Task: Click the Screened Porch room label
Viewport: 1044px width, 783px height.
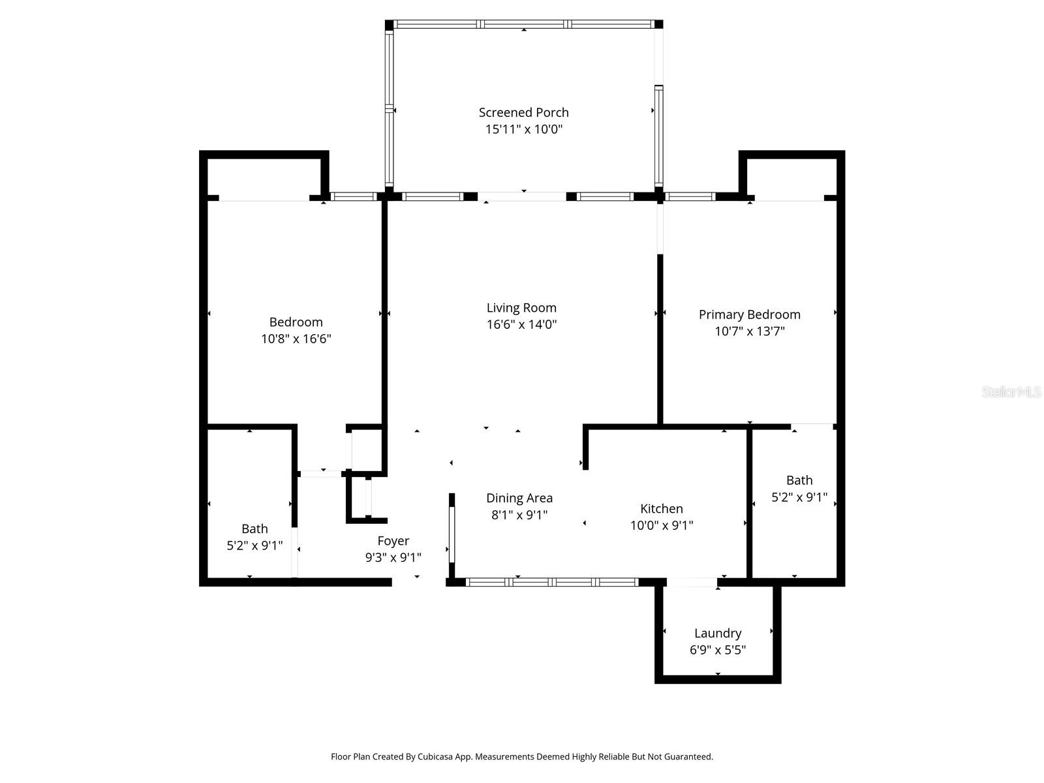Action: pyautogui.click(x=523, y=113)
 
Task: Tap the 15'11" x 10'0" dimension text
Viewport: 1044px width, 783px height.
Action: pyautogui.click(x=524, y=129)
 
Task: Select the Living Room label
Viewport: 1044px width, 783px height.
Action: pyautogui.click(x=521, y=308)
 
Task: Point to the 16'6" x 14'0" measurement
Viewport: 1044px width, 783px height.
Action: pyautogui.click(x=521, y=324)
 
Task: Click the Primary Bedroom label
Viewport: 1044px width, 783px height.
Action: pyautogui.click(x=749, y=315)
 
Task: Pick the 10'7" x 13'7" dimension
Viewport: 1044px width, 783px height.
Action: pyautogui.click(x=749, y=331)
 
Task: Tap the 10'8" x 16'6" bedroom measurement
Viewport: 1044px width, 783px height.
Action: pyautogui.click(x=296, y=339)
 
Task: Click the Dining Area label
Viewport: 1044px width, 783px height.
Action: pyautogui.click(x=519, y=499)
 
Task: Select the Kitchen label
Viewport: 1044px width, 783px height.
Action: pyautogui.click(x=661, y=509)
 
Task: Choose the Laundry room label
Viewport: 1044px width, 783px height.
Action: pyautogui.click(x=717, y=633)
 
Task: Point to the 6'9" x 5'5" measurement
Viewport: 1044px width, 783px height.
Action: pyautogui.click(x=717, y=649)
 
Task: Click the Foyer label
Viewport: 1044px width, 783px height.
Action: pyautogui.click(x=393, y=541)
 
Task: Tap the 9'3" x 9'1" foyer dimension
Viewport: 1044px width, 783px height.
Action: pyautogui.click(x=393, y=557)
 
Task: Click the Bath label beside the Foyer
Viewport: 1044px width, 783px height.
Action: pyautogui.click(x=254, y=529)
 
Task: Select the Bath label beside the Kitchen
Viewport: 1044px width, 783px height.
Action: pyautogui.click(x=799, y=480)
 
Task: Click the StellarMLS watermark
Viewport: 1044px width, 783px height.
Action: pyautogui.click(x=1011, y=391)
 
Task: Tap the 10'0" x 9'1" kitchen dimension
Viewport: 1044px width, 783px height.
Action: pyautogui.click(x=661, y=525)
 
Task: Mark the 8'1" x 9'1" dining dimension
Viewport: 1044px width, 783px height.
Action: pyautogui.click(x=519, y=515)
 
